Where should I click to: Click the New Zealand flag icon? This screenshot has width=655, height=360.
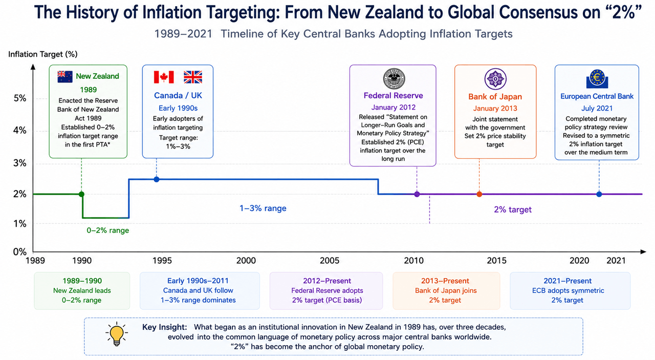click(65, 77)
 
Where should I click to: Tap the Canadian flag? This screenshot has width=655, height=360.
click(164, 77)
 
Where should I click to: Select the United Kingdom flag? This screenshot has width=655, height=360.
click(193, 77)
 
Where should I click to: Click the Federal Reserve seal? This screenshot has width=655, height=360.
click(394, 79)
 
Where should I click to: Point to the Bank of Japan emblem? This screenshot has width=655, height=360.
click(495, 79)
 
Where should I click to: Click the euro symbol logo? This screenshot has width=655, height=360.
click(597, 79)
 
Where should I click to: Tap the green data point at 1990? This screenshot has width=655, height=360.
click(81, 194)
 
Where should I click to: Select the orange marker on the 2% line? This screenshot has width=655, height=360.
click(479, 194)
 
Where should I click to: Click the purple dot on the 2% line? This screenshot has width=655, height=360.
click(417, 194)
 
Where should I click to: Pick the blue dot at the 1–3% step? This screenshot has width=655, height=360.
click(157, 179)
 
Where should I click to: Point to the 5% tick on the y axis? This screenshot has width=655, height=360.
click(20, 98)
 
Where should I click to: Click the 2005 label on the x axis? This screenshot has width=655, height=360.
click(330, 260)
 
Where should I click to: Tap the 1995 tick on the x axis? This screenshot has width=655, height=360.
click(162, 260)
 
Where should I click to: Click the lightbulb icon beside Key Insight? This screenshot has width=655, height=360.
click(117, 334)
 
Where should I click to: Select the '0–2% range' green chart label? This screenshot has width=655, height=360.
click(107, 230)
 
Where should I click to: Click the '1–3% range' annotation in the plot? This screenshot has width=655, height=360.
click(263, 208)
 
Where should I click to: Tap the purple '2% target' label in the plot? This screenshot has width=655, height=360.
click(513, 209)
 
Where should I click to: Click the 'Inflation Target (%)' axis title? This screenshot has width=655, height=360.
click(42, 54)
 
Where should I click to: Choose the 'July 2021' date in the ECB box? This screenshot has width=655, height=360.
click(597, 108)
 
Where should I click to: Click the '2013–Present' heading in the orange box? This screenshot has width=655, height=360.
click(445, 281)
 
